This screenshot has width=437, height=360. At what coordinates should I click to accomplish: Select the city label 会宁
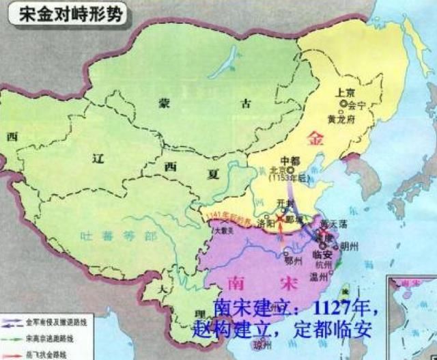click(x=356, y=106)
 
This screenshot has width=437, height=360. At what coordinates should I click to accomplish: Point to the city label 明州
click(x=347, y=245)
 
